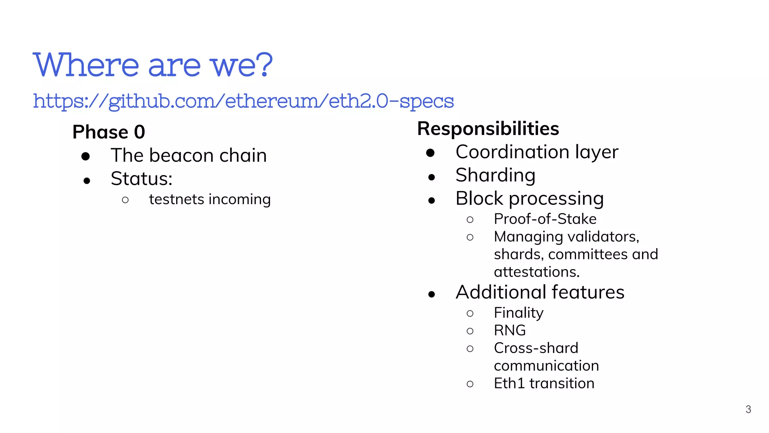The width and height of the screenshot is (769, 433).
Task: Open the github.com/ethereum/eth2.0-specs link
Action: click(x=243, y=101)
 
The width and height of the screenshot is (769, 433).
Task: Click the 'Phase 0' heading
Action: click(x=109, y=132)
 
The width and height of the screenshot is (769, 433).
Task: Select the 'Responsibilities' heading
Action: click(x=488, y=129)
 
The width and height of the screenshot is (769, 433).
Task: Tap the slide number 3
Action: click(x=748, y=409)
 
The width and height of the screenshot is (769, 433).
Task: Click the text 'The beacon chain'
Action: click(x=188, y=156)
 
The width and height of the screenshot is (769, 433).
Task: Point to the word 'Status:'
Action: click(x=142, y=179)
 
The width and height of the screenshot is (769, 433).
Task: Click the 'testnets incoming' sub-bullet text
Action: click(x=210, y=200)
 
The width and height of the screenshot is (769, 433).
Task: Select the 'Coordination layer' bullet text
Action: click(x=537, y=152)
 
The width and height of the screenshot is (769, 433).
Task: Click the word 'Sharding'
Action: click(x=495, y=176)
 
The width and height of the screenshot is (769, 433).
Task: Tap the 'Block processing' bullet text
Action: click(x=529, y=199)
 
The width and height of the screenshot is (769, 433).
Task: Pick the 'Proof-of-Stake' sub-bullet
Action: click(x=545, y=219)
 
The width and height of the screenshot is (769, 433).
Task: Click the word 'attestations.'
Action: click(x=537, y=272)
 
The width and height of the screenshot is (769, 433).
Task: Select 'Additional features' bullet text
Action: click(x=540, y=292)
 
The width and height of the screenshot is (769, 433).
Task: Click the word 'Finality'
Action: click(x=519, y=313)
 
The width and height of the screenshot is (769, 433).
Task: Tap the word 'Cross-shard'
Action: click(x=536, y=348)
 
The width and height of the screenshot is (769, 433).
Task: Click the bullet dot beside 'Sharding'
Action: click(x=431, y=177)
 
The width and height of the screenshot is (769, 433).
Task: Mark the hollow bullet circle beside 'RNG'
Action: click(x=470, y=331)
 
